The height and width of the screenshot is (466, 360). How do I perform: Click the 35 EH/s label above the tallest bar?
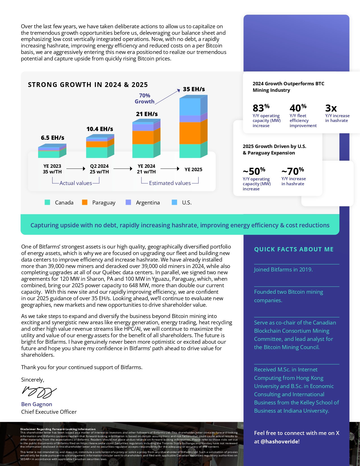pos(194,89)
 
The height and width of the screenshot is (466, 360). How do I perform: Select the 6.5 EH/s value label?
pos(53,138)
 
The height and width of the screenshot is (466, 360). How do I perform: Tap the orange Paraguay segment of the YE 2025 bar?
pos(190,133)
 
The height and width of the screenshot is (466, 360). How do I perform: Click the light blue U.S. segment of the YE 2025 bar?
pos(190,106)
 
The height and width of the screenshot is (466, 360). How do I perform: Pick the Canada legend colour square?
pos(47,202)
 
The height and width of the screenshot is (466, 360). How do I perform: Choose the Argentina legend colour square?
pos(128,202)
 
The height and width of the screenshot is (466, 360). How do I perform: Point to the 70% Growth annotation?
pos(145,99)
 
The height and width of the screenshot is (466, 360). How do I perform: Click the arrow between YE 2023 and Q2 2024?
pos(76,169)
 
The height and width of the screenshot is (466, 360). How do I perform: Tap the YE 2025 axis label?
pos(193,169)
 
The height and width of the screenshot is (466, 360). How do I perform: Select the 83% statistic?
pos(261,108)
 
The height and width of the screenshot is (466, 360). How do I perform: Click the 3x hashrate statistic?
pos(331,108)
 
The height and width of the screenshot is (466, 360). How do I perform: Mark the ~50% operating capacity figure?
pos(254,171)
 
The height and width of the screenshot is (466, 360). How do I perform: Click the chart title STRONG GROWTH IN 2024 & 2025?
pos(88,85)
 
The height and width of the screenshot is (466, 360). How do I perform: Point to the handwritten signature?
pos(39,392)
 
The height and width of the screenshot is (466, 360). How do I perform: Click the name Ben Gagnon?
pos(37,404)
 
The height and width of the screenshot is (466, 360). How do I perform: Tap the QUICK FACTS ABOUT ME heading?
pos(294,249)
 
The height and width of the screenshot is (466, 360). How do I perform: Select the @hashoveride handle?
pos(280,441)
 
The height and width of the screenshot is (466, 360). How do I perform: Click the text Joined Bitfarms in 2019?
pos(283,269)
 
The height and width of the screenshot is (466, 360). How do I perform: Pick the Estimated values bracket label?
pos(170,183)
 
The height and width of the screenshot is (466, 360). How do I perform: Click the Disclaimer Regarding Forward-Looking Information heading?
pos(58,429)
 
